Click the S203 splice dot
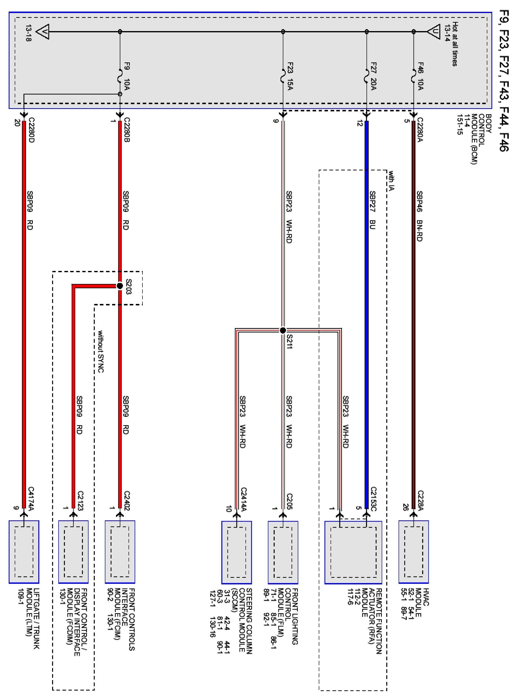coord(120,286)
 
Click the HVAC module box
coord(413,552)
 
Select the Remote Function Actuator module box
coord(353,552)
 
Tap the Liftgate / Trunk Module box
coord(24,552)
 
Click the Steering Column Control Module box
coord(237,552)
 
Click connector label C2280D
coord(31,130)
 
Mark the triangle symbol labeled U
coord(434,32)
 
